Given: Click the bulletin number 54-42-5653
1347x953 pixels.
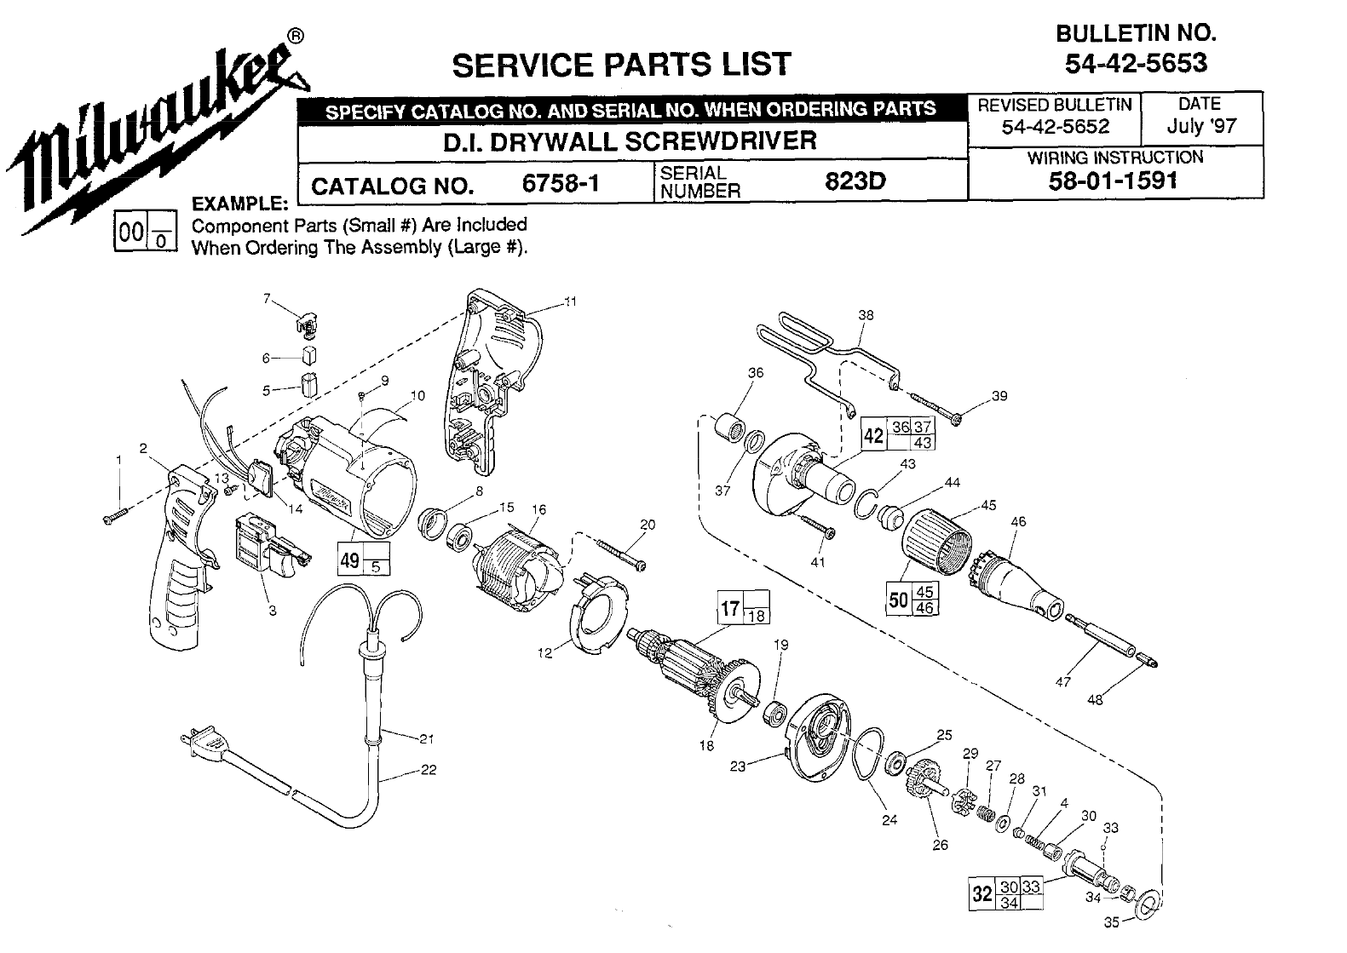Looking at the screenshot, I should point(1136,63).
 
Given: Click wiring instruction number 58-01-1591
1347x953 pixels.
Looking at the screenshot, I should point(1114,181).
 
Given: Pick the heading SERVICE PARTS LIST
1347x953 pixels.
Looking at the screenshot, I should point(621,64).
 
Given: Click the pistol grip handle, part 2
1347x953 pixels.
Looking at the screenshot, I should point(181,545).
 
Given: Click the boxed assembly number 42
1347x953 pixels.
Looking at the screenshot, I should point(873,435).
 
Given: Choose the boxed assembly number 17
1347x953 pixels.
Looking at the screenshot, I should point(729,608).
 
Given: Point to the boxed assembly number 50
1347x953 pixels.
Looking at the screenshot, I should point(898,600).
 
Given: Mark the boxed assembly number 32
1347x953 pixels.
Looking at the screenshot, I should point(981,893).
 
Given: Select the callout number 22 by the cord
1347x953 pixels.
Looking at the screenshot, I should point(429,770).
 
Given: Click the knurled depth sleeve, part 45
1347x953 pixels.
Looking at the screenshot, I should point(937,541).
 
